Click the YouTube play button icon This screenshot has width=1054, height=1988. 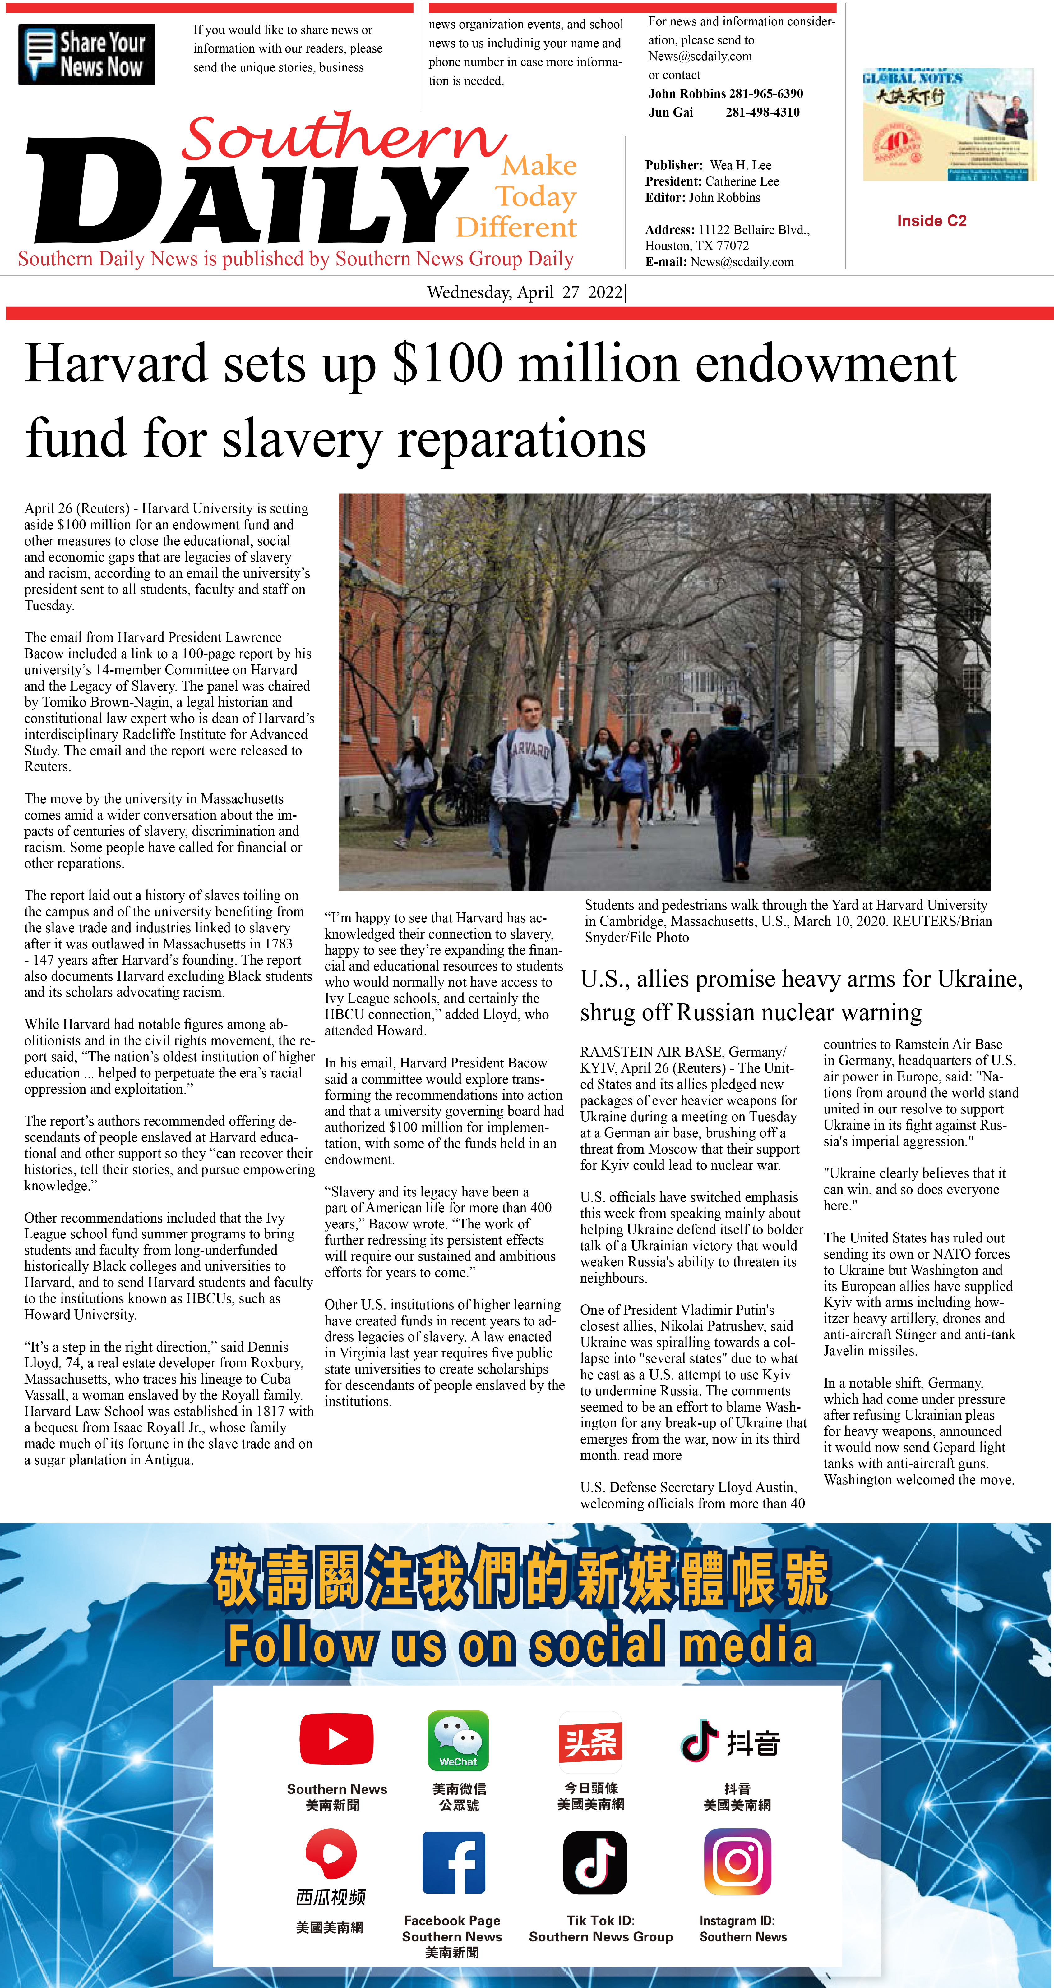tap(337, 1739)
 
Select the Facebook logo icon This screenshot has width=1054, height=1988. tap(454, 1862)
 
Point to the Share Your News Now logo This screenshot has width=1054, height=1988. tap(86, 54)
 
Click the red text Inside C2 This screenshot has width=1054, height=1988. tap(931, 221)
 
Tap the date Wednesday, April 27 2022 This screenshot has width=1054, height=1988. tap(525, 292)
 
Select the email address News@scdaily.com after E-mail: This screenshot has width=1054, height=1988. tap(742, 262)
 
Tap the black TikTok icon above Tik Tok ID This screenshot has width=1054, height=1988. tap(594, 1862)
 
